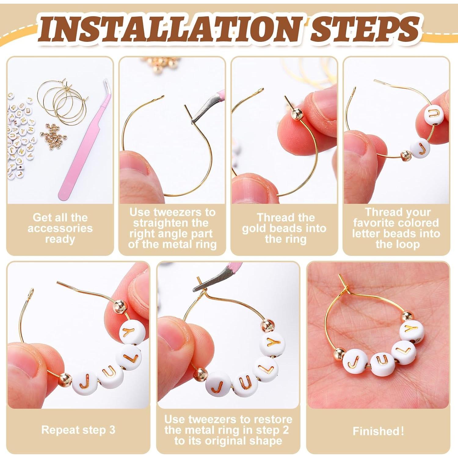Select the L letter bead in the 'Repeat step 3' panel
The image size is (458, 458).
129,357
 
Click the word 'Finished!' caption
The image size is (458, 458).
378,431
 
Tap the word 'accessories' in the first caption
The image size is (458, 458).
60,228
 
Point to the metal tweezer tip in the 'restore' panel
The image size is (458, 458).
200,287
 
